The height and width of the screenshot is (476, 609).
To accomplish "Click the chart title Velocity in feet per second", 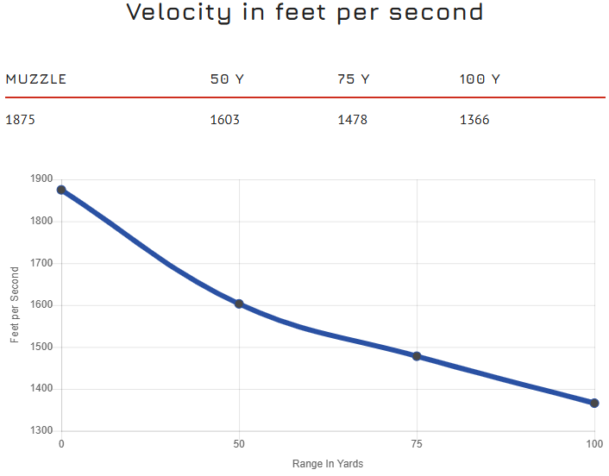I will [x=304, y=12].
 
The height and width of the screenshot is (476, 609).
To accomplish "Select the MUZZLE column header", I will [x=36, y=79].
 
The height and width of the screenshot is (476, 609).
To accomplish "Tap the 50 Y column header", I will [x=227, y=79].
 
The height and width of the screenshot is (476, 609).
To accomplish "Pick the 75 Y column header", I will [x=354, y=79].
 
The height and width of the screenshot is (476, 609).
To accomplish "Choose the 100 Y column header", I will [x=480, y=79].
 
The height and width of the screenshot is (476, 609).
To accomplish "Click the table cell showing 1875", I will [x=21, y=120].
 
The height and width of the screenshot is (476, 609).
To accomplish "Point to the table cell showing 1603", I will [x=225, y=120].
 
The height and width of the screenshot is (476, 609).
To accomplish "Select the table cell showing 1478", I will [x=353, y=120].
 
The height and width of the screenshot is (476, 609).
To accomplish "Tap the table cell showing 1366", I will [x=474, y=120].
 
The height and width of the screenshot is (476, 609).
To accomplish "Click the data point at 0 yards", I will [x=61, y=190].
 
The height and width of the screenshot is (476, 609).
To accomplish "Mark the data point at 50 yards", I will [x=239, y=304].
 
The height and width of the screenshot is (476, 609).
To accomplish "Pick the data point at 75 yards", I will [x=417, y=356].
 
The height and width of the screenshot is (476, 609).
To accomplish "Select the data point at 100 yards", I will [x=594, y=403].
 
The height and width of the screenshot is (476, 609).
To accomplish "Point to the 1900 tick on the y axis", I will [x=41, y=179].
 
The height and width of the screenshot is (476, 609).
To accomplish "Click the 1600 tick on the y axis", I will [x=41, y=305].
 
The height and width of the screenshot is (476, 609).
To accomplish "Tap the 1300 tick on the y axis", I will [x=41, y=431].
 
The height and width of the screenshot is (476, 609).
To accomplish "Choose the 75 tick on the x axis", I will [x=417, y=444].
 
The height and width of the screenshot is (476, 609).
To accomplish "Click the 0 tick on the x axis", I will [x=61, y=444].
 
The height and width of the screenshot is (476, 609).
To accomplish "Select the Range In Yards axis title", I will [x=328, y=464].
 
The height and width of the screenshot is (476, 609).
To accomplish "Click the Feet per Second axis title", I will [x=15, y=305].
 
